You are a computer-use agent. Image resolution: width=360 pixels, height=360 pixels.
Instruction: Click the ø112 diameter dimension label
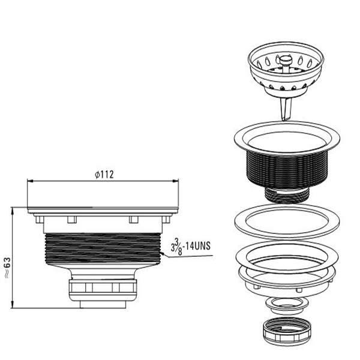pos(104,175)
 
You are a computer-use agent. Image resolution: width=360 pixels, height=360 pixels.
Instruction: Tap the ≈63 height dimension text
pos(7,268)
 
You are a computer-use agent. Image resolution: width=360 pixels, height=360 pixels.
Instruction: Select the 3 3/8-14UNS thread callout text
pos(190,247)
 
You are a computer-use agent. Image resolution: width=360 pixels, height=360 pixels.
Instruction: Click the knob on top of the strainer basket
pos(286,61)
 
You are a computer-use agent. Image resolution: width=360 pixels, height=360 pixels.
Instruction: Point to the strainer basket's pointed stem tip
pos(284,120)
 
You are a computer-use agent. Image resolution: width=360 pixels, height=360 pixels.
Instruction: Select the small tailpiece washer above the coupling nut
pos(286,305)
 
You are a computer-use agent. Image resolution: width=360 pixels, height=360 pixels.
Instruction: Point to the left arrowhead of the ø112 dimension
pos(30,181)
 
